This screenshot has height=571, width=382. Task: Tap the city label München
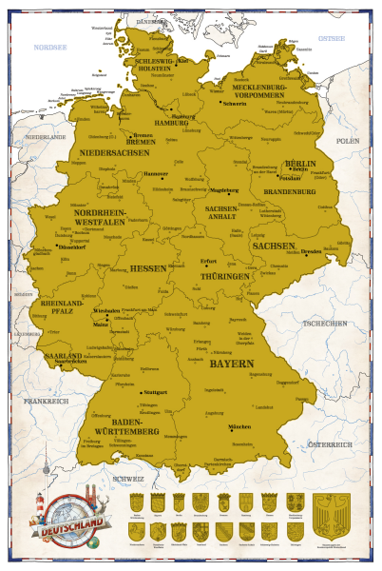239,427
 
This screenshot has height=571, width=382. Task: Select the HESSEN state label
147,269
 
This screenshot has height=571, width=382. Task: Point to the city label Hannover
156,174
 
